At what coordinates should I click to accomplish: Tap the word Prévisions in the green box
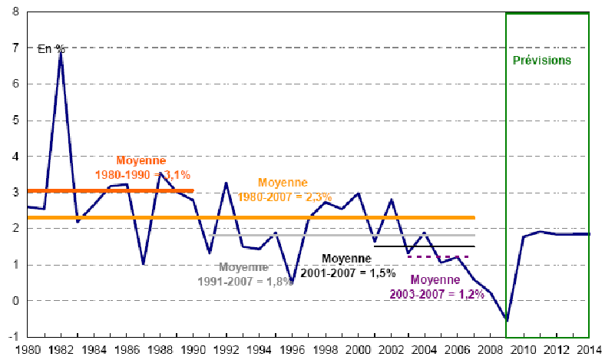pos(541,60)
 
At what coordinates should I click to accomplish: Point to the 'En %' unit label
pos(51,48)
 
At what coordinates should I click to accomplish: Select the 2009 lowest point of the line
pos(507,320)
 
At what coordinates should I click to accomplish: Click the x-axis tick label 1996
pos(293,351)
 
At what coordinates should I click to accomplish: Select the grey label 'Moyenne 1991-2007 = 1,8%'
pos(254,274)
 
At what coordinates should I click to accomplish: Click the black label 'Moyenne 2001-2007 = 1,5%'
pos(359,265)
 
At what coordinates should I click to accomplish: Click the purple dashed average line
pos(438,256)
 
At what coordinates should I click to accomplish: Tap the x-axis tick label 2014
pos(590,351)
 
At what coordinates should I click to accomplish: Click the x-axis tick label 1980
pos(28,351)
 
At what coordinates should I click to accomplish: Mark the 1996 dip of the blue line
pos(293,281)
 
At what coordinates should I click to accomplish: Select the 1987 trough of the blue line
pos(144,263)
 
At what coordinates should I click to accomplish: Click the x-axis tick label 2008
pos(491,351)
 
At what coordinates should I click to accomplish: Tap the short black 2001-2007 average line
pos(425,246)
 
